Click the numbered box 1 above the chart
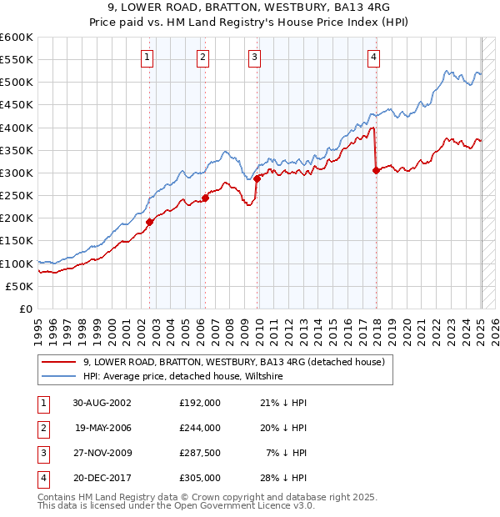coord(147,58)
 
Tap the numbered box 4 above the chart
coord(374,58)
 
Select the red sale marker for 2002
coord(150,222)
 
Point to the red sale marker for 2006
coord(205,198)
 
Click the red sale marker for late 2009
coord(257,178)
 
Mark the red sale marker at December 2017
coord(376,170)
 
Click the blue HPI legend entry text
coord(183,377)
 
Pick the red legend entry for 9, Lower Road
coord(233,362)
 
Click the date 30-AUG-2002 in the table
coord(102,403)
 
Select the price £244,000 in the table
coord(200,428)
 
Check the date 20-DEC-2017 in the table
coord(102,478)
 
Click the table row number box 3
coord(42,453)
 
